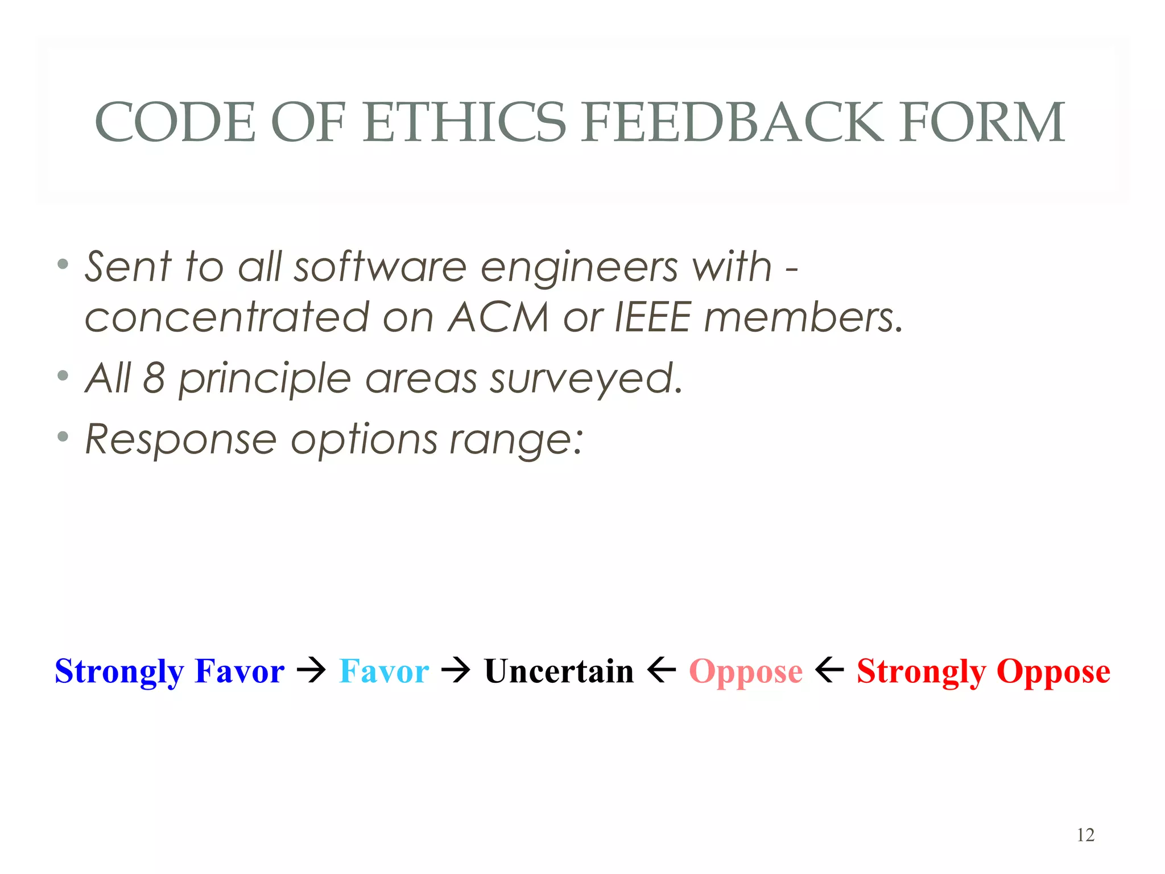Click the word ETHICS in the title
point(464,122)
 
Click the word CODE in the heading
point(175,122)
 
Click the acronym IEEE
point(654,317)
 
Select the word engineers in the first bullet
point(579,267)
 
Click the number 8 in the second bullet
point(154,378)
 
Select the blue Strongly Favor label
point(170,671)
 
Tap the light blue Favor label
point(384,671)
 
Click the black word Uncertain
point(559,671)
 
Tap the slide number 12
point(1085,835)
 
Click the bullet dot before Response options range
point(63,437)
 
